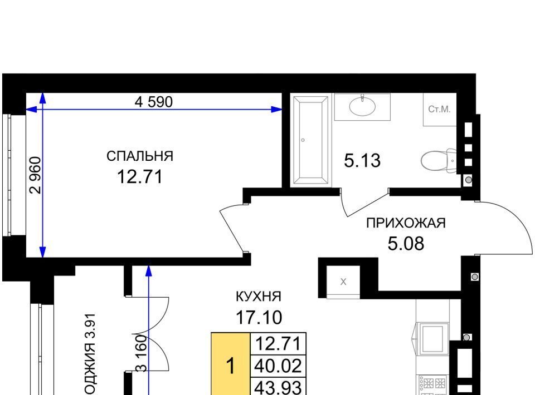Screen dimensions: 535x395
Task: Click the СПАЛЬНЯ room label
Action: [x=140, y=156]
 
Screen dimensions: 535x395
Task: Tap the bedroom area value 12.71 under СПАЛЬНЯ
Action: [x=140, y=177]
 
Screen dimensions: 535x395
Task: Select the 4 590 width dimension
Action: [x=154, y=102]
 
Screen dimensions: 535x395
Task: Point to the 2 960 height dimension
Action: [x=36, y=175]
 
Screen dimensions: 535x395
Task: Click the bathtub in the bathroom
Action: [x=311, y=140]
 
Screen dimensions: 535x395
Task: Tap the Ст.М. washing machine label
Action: [x=440, y=109]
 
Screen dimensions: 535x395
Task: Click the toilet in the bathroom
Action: [x=439, y=161]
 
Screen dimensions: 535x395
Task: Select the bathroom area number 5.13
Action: [x=362, y=161]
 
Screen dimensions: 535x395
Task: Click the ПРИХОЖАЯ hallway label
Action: [x=406, y=223]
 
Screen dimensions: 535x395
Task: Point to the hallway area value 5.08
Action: [x=406, y=244]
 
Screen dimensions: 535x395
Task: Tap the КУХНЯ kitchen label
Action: [x=259, y=297]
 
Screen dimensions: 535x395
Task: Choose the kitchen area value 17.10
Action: [x=259, y=317]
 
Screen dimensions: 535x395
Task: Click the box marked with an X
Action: [x=343, y=282]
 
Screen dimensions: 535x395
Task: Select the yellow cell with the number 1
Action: [x=231, y=364]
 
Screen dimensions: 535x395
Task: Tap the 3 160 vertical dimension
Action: [x=141, y=353]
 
